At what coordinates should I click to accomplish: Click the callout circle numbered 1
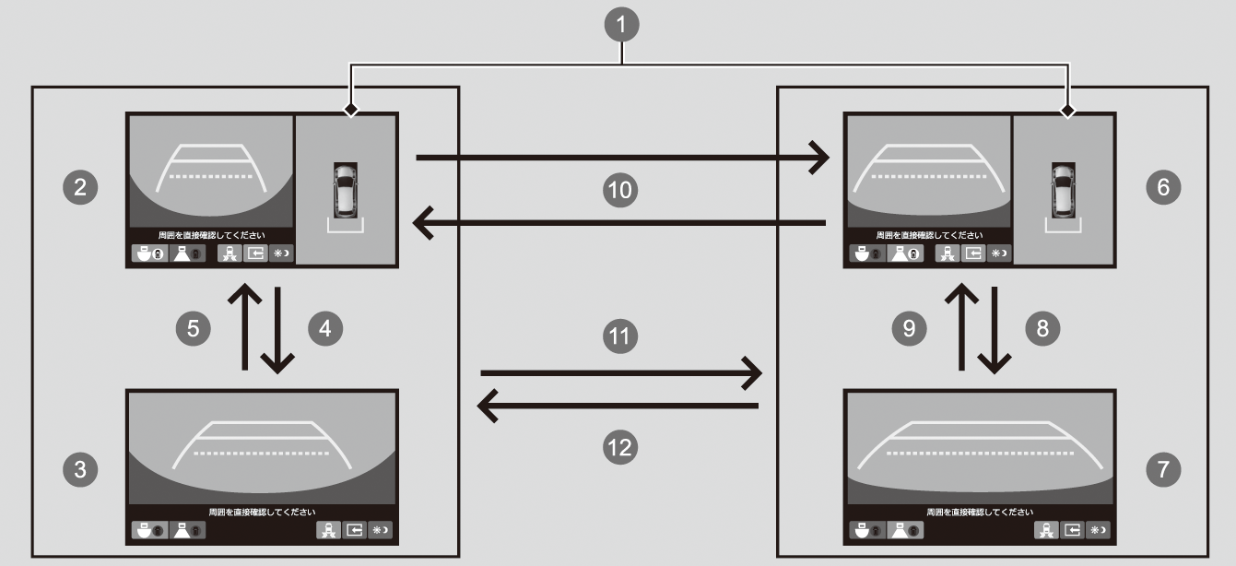click(624, 26)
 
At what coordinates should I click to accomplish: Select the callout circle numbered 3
click(80, 469)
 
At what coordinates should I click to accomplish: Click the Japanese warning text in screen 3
click(262, 512)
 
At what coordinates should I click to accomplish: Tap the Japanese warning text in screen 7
click(980, 512)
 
